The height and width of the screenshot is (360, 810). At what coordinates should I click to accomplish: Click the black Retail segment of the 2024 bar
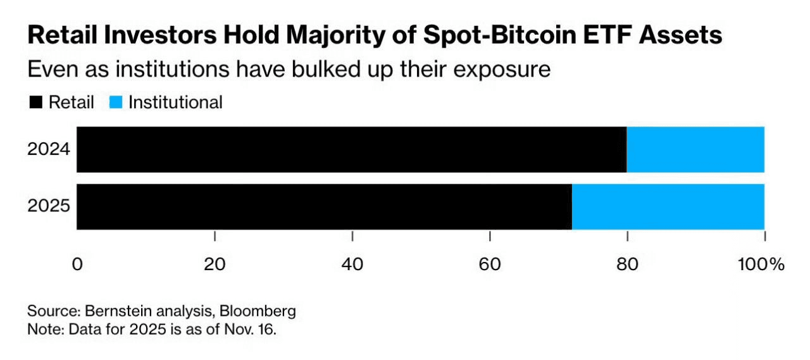pos(351,149)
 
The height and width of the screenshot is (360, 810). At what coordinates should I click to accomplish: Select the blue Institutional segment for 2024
pos(695,149)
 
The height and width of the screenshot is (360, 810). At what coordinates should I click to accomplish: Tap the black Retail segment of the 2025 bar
pos(324,207)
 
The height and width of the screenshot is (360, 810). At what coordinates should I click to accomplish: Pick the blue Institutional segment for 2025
pos(668,207)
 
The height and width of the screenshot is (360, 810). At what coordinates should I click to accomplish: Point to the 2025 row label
pos(48,207)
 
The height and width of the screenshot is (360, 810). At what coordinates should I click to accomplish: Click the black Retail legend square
pos(35,102)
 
